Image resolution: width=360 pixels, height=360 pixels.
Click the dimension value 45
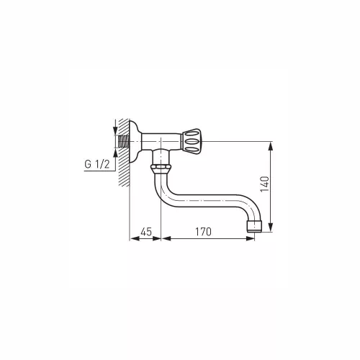[x=146, y=232]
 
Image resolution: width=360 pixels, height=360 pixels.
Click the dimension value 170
[x=203, y=232]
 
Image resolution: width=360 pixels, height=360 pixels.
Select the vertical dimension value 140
[x=265, y=184]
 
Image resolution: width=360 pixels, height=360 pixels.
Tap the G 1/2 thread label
[x=97, y=164]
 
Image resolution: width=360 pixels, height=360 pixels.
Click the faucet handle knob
[x=191, y=141]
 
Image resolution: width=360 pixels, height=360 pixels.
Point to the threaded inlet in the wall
[x=124, y=142]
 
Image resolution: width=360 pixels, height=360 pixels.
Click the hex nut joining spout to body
[x=161, y=167]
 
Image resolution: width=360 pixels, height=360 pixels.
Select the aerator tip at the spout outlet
[x=254, y=226]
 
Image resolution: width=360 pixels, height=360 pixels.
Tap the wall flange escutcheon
[x=135, y=142]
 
